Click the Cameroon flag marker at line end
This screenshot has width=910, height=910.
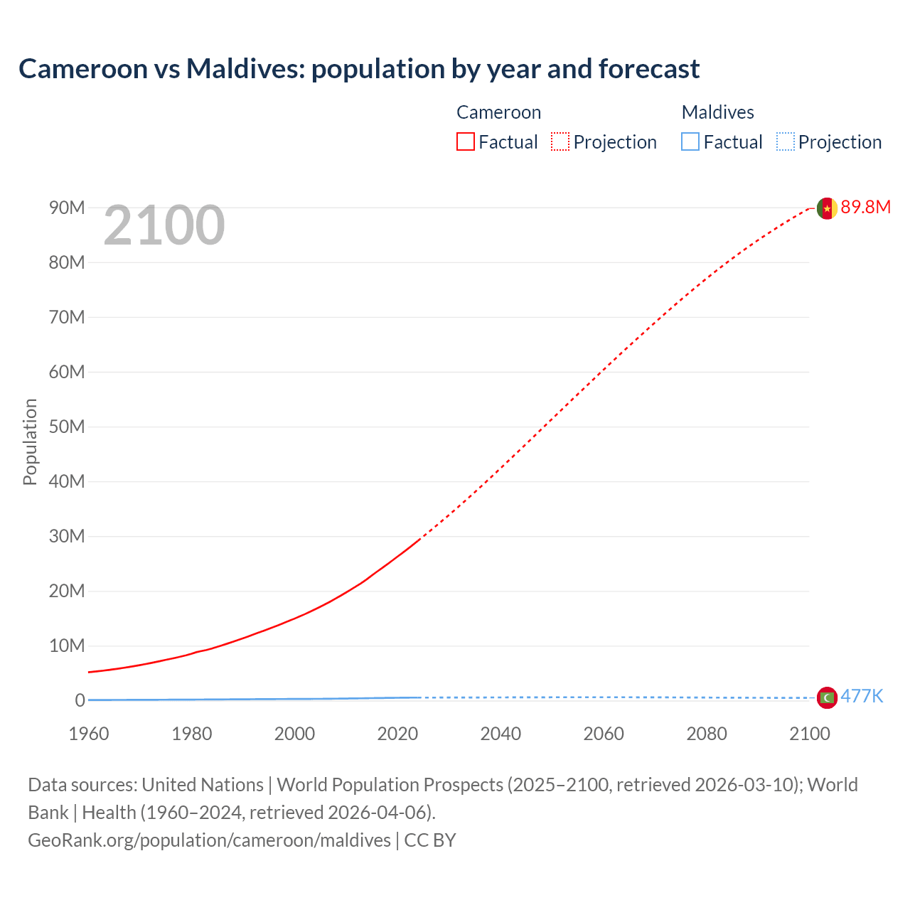click(827, 208)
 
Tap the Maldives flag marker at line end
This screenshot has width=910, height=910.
click(827, 697)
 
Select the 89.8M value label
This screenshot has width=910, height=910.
click(865, 207)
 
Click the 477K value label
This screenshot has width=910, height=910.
click(862, 696)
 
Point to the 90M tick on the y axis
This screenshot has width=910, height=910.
click(67, 208)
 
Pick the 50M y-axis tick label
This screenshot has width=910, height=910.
click(67, 427)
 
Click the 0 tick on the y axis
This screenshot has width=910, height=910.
click(80, 700)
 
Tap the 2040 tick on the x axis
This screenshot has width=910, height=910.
click(500, 734)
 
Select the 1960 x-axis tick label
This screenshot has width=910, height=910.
click(89, 734)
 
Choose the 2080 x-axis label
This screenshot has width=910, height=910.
click(707, 734)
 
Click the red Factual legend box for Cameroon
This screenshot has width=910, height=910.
click(466, 141)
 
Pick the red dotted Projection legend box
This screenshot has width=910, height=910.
click(560, 141)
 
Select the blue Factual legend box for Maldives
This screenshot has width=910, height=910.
click(690, 141)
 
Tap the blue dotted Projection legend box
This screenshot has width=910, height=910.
click(786, 141)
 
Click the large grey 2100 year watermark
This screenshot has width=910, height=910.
click(164, 225)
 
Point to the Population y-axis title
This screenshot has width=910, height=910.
click(30, 441)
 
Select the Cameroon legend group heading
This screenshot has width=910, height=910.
click(498, 112)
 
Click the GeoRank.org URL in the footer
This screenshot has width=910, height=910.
click(209, 840)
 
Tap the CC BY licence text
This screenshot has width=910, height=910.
click(430, 840)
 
